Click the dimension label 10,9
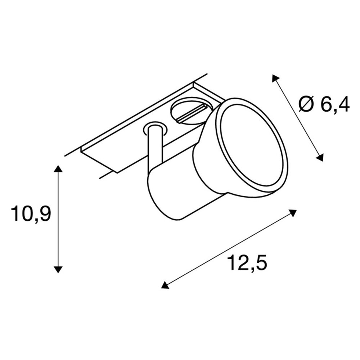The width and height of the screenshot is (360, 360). (x=31, y=214)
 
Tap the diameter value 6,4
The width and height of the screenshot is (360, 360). (x=335, y=104)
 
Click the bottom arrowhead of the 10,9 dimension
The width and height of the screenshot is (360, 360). (x=58, y=270)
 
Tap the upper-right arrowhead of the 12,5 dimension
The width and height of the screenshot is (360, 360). (x=292, y=213)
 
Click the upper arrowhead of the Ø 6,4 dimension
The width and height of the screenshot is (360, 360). (x=275, y=78)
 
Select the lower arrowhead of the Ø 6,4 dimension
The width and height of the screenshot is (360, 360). (x=320, y=157)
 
